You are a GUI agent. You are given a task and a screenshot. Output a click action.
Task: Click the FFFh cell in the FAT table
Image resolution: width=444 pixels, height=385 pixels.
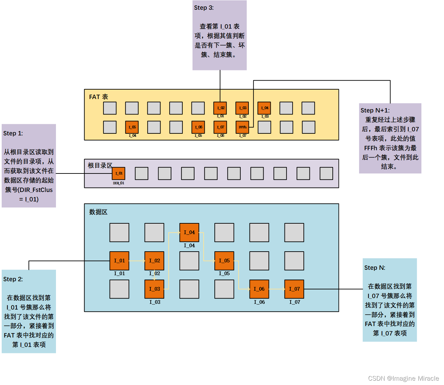[x=242, y=127]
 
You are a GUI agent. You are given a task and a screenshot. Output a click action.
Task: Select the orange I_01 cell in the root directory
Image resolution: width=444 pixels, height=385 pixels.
[x=119, y=173]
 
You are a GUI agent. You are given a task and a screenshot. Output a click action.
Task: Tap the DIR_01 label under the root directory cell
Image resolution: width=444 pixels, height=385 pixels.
[x=119, y=183]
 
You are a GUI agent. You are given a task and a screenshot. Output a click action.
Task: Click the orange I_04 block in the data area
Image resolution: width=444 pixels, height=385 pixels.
[x=189, y=232]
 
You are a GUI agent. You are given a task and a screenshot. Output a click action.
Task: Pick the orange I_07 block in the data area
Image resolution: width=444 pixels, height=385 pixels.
[x=294, y=289]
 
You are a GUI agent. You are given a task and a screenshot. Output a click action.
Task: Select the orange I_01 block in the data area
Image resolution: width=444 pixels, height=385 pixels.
[x=119, y=260]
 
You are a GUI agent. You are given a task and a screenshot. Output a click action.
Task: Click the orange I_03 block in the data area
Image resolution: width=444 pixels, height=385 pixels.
[x=154, y=289]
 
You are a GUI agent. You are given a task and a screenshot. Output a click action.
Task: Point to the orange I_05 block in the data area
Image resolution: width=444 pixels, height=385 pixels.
[x=224, y=260]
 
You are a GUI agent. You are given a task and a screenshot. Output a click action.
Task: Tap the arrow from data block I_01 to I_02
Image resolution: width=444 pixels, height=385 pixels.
[x=137, y=261]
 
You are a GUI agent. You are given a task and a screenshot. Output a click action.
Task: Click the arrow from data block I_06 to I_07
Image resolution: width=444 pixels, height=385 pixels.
[x=277, y=289]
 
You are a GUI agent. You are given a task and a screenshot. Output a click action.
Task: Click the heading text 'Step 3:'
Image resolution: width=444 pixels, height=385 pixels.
[x=204, y=8]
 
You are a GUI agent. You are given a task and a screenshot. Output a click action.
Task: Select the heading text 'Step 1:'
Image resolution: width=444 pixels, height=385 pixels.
[x=13, y=133]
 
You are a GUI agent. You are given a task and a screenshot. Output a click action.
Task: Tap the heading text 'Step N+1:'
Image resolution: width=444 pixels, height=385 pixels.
[x=375, y=110]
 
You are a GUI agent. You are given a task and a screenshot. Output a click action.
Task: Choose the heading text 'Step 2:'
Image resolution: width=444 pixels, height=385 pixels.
[x=13, y=279]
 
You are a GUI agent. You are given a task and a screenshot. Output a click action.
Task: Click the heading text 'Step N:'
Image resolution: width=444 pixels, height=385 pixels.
[x=375, y=268]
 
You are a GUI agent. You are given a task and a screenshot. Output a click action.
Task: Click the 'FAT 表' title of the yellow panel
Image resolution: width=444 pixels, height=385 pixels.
[x=98, y=97]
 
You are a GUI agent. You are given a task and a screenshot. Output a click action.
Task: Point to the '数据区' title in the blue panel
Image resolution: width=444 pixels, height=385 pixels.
[x=98, y=212]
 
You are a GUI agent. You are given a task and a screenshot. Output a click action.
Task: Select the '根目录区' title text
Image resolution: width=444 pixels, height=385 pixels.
[x=100, y=165]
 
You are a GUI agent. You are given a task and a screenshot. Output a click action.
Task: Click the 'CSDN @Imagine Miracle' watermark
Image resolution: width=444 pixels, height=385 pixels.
[x=403, y=378]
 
